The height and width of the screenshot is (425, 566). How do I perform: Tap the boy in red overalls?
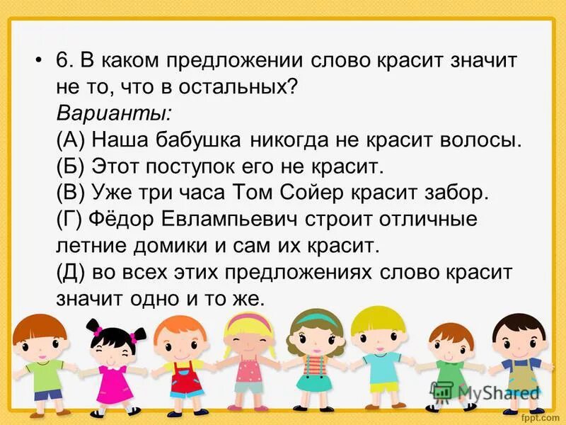pyautogui.click(x=183, y=361)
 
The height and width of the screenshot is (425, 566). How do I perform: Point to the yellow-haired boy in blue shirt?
pyautogui.click(x=379, y=358)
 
